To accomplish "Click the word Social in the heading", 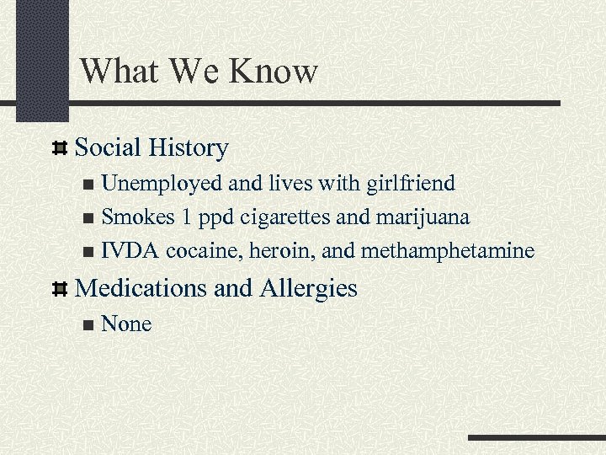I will pyautogui.click(x=108, y=148).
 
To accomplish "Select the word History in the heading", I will pyautogui.click(x=187, y=148).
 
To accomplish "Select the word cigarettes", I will pyautogui.click(x=285, y=217).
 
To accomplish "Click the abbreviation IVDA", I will pyautogui.click(x=130, y=251).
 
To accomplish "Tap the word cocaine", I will pyautogui.click(x=205, y=251).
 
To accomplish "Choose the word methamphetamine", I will pyautogui.click(x=452, y=251).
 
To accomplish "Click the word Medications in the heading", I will pyautogui.click(x=141, y=288).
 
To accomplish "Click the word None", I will pyautogui.click(x=126, y=324).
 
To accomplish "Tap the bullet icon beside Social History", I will pyautogui.click(x=60, y=149).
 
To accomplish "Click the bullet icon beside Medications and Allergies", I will pyautogui.click(x=60, y=289).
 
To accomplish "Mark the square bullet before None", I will pyautogui.click(x=89, y=325).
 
